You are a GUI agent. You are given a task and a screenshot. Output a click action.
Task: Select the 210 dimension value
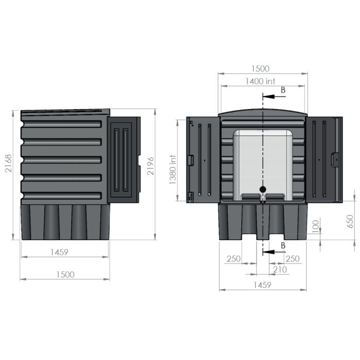(x=280, y=268)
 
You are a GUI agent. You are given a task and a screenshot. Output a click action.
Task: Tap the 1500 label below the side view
(x=65, y=274)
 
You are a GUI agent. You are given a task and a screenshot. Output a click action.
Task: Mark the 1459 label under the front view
(x=261, y=284)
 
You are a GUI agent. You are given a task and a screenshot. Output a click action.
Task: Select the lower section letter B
(x=282, y=246)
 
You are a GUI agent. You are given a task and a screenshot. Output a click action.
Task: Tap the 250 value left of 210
(x=233, y=259)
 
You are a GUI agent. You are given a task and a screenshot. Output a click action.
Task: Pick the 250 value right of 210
(x=293, y=259)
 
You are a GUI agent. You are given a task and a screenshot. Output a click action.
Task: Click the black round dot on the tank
(x=263, y=189)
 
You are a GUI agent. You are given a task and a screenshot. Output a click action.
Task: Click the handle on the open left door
(x=191, y=159)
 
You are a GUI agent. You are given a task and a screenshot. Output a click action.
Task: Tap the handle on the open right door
(x=336, y=159)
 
